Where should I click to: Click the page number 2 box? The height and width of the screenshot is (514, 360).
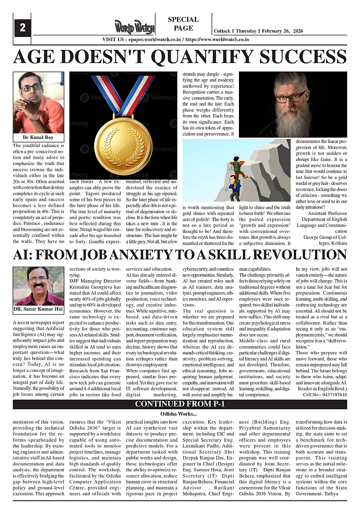[x=22, y=28]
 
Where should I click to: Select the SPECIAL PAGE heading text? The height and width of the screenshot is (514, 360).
[x=183, y=24]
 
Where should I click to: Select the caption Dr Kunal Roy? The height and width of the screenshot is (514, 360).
[x=38, y=137]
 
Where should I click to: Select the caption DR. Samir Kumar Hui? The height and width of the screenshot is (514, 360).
[x=38, y=309]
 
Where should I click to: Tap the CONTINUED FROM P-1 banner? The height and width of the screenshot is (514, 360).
[x=180, y=404]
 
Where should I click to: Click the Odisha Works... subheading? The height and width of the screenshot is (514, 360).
[x=180, y=414]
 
